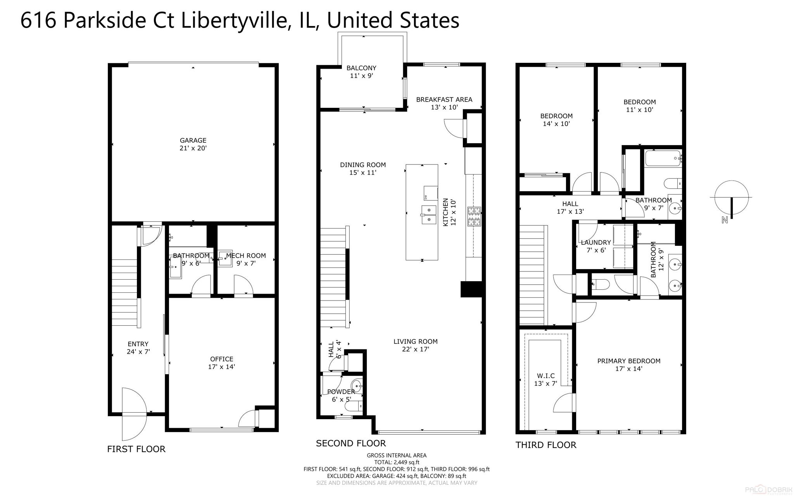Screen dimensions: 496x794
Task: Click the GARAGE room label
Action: coord(193,144)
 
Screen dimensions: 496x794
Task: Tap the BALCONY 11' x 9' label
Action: coord(361,72)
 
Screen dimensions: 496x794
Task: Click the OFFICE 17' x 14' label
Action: coord(221,363)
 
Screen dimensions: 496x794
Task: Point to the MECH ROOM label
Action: coord(246,259)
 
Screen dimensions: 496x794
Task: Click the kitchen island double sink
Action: coord(428,215)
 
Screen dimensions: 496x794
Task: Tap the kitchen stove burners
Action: coord(475,216)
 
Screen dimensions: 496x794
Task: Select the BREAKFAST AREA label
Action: coord(444,103)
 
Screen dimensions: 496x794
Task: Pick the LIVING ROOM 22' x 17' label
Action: coord(415,345)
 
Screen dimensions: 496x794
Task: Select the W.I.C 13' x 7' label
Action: coord(545,379)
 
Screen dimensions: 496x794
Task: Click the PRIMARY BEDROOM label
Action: coord(628,365)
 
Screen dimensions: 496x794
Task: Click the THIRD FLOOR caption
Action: coord(545,445)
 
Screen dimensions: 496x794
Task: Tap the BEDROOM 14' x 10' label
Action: coord(556,120)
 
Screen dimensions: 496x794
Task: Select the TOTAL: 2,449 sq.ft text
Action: coord(396,462)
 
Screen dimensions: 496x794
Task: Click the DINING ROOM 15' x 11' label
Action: coord(362,168)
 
